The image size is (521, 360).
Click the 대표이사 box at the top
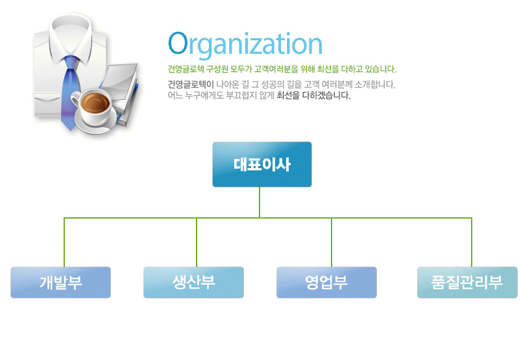[x=262, y=164]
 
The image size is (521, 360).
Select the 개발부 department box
[x=60, y=282]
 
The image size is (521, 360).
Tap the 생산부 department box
[x=193, y=282]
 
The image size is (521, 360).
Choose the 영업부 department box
[x=326, y=282]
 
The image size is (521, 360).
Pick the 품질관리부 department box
[x=467, y=282]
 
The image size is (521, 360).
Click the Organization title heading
[x=245, y=45]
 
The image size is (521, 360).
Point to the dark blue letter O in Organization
[x=178, y=43]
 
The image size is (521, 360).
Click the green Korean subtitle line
[x=282, y=69]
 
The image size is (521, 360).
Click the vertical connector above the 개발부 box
[x=64, y=243]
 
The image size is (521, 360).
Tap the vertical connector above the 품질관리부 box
[x=472, y=243]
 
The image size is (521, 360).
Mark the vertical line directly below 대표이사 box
[x=260, y=202]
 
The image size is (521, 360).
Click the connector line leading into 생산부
[x=197, y=243]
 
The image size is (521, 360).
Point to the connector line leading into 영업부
[x=332, y=243]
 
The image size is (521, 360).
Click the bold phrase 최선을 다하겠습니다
[x=313, y=95]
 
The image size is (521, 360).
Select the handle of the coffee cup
[x=75, y=101]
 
